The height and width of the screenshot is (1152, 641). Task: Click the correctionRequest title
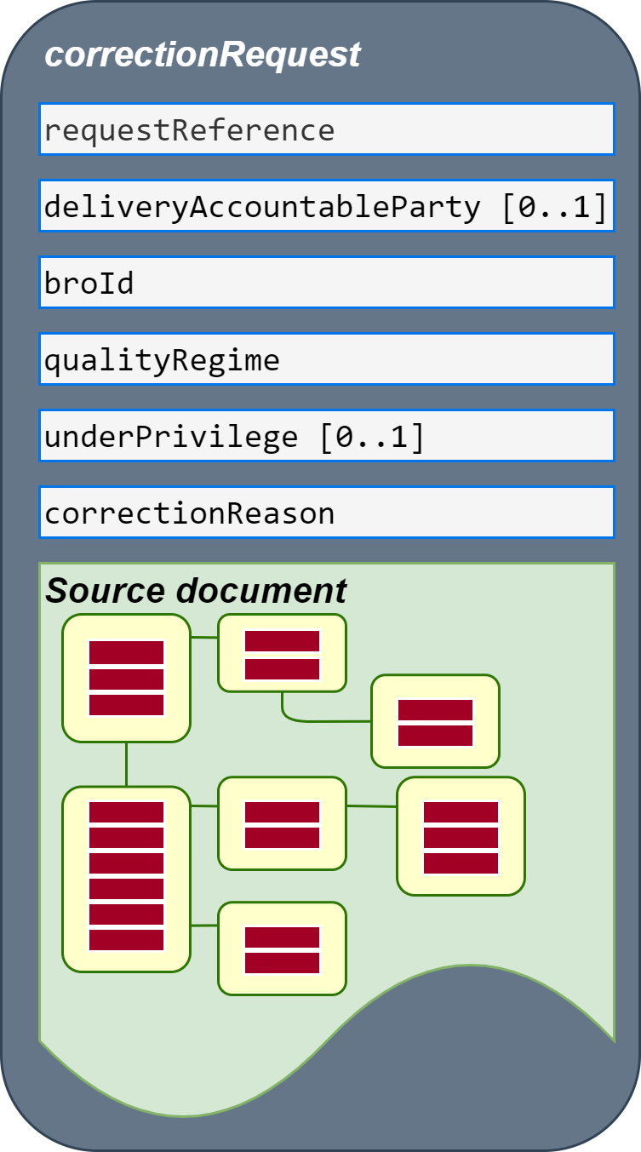203,55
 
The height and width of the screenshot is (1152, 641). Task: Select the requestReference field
327,129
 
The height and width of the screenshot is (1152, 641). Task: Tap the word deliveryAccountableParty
262,207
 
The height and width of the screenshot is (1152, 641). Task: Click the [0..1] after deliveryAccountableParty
555,207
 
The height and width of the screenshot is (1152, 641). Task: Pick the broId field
327,283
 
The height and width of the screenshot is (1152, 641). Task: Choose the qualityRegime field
327,359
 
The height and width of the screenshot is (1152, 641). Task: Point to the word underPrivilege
171,438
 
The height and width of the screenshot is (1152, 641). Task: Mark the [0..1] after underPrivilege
372,438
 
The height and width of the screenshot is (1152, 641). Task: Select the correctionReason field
327,513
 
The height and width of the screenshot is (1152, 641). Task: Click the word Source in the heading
106,590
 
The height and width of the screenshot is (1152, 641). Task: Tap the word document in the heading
261,590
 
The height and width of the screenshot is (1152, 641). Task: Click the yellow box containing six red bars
127,879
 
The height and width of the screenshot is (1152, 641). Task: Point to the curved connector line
308,720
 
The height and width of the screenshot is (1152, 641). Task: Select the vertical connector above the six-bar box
127,765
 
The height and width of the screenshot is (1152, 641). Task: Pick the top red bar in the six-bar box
127,812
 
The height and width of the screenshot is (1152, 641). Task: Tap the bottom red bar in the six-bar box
127,940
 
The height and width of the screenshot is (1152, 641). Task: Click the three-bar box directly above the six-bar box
127,678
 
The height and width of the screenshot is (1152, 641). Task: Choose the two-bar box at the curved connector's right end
435,721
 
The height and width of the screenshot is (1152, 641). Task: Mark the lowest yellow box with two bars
283,949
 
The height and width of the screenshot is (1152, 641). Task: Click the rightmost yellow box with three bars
461,836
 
